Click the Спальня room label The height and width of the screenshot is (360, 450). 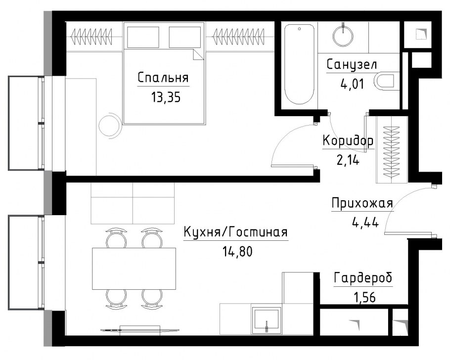[163, 78]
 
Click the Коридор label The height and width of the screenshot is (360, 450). [348, 141]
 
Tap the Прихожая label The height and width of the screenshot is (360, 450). [362, 203]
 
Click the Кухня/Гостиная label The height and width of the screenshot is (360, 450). [235, 232]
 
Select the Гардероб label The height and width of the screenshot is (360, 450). [363, 278]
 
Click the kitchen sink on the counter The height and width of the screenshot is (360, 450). [267, 319]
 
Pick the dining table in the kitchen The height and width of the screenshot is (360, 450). [134, 268]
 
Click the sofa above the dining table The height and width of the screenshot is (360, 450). [133, 203]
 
